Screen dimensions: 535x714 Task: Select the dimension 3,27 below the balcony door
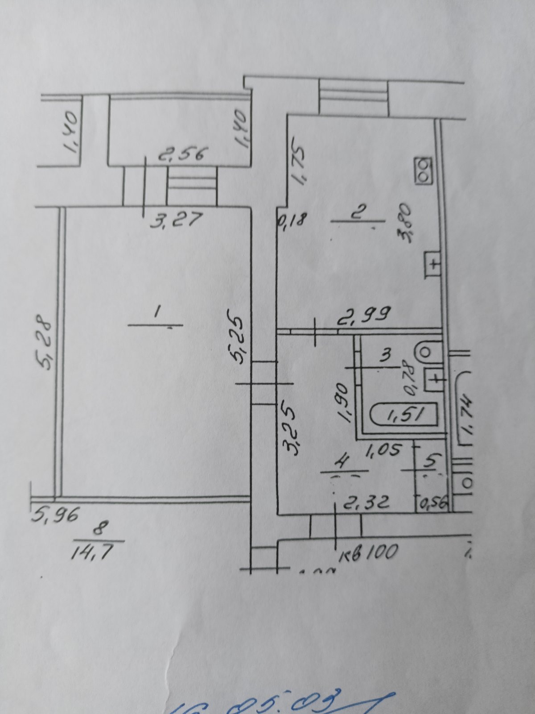tap(177, 220)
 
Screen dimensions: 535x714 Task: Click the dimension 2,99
tap(365, 314)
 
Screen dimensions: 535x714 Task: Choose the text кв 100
tap(368, 552)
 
